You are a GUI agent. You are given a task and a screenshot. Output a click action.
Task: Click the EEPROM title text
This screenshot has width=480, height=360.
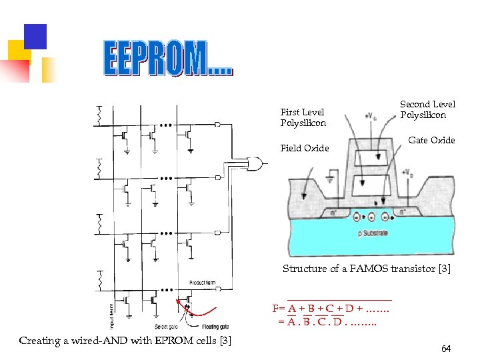pos(169,58)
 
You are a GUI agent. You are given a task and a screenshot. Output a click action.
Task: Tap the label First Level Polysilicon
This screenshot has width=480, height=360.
pos(303,117)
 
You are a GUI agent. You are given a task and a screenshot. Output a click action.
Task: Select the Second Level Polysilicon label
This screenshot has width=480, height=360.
pos(427,109)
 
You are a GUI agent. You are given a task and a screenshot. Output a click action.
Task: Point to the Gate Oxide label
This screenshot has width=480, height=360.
pos(431,140)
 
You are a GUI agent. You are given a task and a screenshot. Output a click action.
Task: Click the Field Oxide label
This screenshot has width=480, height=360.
pos(304,148)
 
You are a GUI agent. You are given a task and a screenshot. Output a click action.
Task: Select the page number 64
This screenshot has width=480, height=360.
pos(446,349)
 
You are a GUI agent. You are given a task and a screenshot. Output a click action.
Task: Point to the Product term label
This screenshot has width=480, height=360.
pos(201,283)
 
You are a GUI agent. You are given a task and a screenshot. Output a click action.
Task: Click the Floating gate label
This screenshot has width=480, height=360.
pos(214,326)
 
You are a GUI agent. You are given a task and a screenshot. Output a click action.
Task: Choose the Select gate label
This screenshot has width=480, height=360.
pos(165,326)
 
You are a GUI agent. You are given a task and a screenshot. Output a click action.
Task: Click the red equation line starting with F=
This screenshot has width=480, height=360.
pos(331,309)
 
